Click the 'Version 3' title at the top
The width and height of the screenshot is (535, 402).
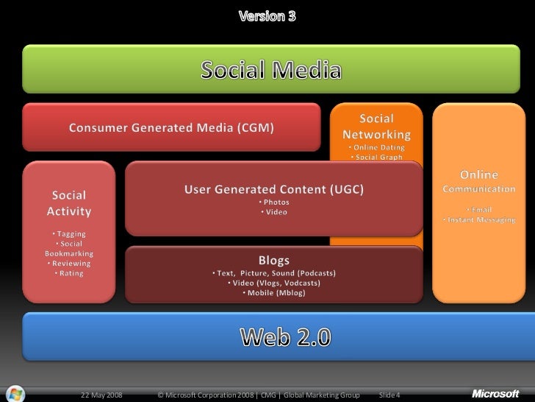tap(267, 15)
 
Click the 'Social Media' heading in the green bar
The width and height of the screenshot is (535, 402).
tap(272, 71)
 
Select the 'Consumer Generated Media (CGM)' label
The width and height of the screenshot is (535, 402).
tap(172, 128)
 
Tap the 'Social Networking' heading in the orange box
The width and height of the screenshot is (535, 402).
tap(376, 127)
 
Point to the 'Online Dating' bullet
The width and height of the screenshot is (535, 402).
tap(376, 147)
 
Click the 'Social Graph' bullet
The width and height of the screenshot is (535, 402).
tap(376, 157)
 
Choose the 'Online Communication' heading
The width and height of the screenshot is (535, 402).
tap(478, 182)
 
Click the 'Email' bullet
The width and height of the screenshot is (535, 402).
tap(479, 209)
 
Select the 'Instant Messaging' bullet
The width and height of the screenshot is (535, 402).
tap(479, 220)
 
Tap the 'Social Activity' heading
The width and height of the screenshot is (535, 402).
tap(69, 203)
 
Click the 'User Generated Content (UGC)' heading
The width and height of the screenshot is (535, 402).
tap(273, 189)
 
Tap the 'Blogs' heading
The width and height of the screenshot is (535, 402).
tap(273, 260)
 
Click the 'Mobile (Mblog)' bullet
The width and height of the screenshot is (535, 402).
tap(273, 293)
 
